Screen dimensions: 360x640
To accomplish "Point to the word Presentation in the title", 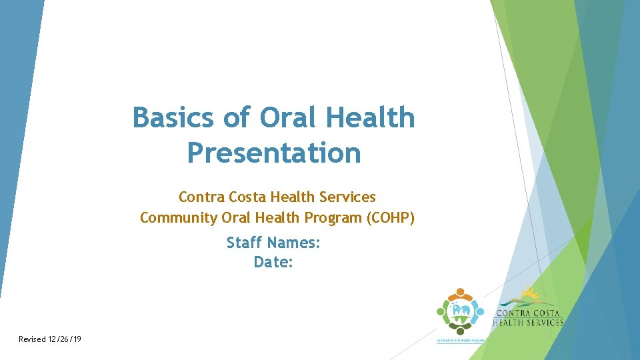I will [274, 153].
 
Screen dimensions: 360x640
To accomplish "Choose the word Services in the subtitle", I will [347, 197].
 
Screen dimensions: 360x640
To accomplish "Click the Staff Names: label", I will [273, 243].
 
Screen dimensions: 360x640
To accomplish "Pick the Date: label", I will [273, 263].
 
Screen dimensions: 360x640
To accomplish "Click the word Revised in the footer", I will [33, 339].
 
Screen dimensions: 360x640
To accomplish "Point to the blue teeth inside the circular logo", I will [459, 310].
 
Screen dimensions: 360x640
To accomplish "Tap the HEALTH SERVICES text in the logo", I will [528, 323].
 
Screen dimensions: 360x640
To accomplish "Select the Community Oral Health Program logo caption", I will [460, 340].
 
